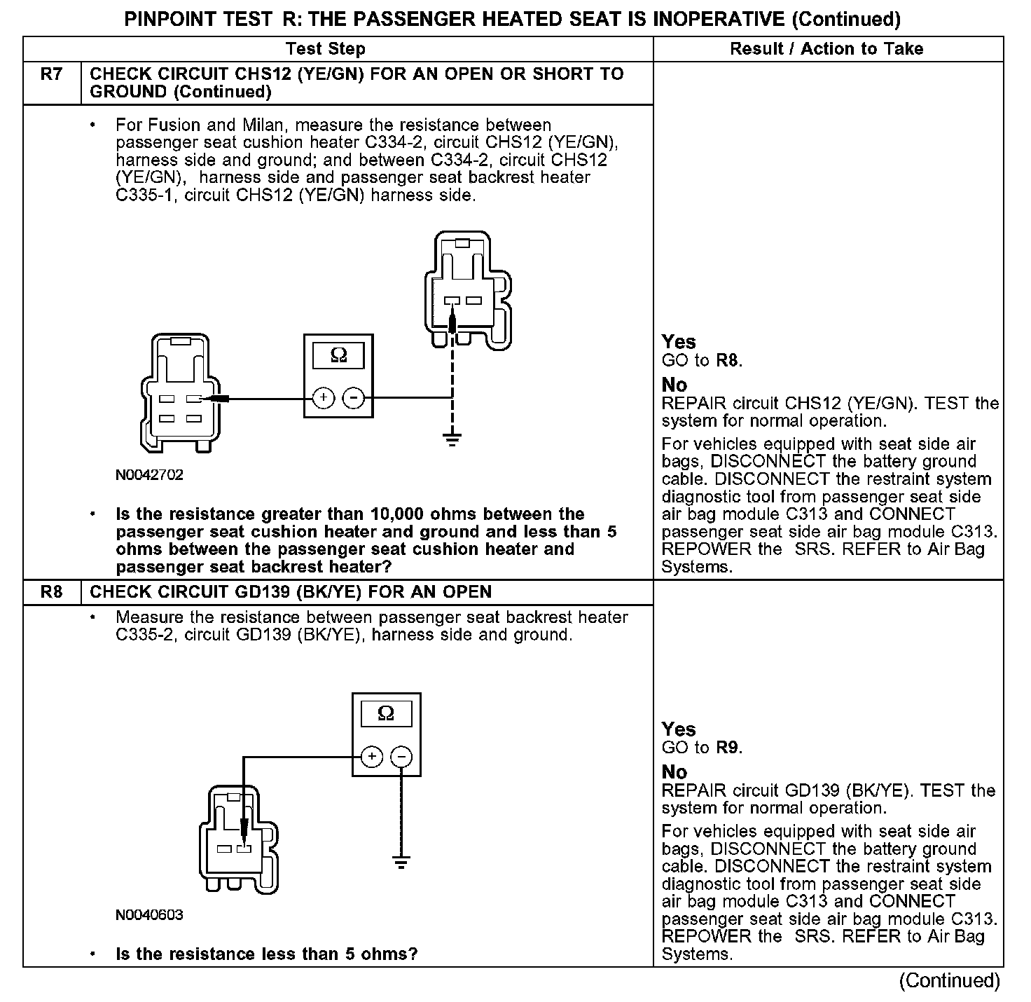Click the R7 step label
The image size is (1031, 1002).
(x=52, y=74)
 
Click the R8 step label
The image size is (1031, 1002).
(x=52, y=592)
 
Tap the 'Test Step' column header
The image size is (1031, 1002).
(x=325, y=49)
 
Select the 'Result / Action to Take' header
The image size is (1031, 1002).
(x=826, y=49)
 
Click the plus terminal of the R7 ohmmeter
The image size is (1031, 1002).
(x=323, y=399)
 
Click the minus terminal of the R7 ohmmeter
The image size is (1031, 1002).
(x=354, y=399)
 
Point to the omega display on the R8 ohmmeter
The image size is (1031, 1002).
(x=386, y=714)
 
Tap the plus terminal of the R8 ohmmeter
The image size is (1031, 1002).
(x=371, y=757)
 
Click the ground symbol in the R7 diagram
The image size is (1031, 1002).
(x=452, y=440)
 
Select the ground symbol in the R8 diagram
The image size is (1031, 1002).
(x=401, y=862)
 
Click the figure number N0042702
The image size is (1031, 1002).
(x=150, y=475)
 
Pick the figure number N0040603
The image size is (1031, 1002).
(x=150, y=915)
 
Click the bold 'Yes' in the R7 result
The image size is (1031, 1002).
(x=679, y=342)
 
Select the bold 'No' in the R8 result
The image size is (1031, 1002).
(x=674, y=772)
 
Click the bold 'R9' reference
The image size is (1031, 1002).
(x=728, y=748)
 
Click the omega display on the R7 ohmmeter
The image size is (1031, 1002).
(x=338, y=356)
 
